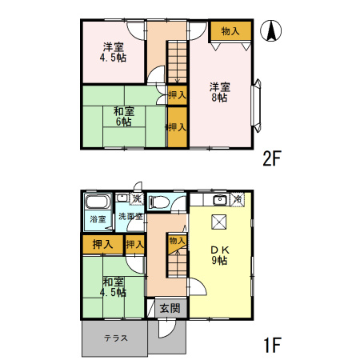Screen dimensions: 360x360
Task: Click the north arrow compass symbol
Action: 272,33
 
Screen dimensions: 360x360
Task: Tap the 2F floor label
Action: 272,158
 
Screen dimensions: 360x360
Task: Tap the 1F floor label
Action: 272,346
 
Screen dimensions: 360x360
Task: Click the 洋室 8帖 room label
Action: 218,91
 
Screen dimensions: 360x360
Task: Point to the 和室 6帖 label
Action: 123,116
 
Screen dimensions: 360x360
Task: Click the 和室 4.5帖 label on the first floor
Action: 114,286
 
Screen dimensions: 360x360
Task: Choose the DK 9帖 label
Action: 219,254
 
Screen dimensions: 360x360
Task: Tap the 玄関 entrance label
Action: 168,308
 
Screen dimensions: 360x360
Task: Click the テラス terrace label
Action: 115,338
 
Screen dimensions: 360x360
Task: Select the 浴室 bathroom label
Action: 98,218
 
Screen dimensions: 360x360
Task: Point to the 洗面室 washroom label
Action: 130,216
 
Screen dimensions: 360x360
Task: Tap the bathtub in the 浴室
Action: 98,202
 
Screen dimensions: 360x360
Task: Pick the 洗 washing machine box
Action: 136,198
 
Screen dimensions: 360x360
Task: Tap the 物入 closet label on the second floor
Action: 230,31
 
